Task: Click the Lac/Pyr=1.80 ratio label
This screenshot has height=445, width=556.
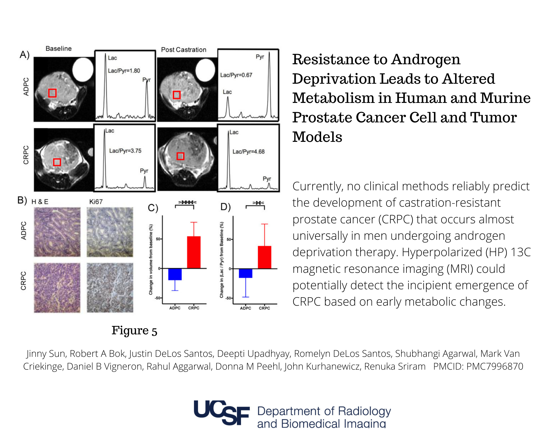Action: pyautogui.click(x=124, y=71)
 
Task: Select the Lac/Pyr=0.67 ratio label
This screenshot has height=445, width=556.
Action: pyautogui.click(x=236, y=75)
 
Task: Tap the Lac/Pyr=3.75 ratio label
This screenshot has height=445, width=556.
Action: pyautogui.click(x=125, y=151)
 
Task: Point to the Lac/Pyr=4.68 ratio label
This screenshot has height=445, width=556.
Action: pyautogui.click(x=248, y=152)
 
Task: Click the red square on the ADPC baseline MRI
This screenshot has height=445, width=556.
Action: pyautogui.click(x=52, y=93)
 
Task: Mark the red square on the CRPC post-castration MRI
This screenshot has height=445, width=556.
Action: pyautogui.click(x=180, y=156)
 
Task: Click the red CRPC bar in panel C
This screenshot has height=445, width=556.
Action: pyautogui.click(x=194, y=252)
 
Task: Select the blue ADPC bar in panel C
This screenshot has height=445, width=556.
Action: pyautogui.click(x=175, y=274)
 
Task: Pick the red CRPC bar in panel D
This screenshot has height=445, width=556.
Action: pyautogui.click(x=264, y=257)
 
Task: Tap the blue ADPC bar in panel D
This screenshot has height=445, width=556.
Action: pyautogui.click(x=245, y=273)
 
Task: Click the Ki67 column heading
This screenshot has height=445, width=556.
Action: pyautogui.click(x=96, y=202)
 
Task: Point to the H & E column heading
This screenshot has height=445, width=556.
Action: pyautogui.click(x=40, y=202)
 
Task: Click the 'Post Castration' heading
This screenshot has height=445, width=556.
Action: pyautogui.click(x=183, y=50)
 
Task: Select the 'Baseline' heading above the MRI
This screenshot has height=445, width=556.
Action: pyautogui.click(x=58, y=49)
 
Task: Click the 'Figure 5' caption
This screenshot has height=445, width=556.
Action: pyautogui.click(x=134, y=330)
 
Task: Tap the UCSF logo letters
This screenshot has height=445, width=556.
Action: pyautogui.click(x=222, y=413)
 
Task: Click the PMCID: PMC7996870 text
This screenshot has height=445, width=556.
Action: pyautogui.click(x=478, y=366)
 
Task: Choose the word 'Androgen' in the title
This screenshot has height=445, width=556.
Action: pyautogui.click(x=426, y=59)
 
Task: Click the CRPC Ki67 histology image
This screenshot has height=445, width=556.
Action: pyautogui.click(x=110, y=288)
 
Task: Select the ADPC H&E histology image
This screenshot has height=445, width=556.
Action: pyautogui.click(x=57, y=232)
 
